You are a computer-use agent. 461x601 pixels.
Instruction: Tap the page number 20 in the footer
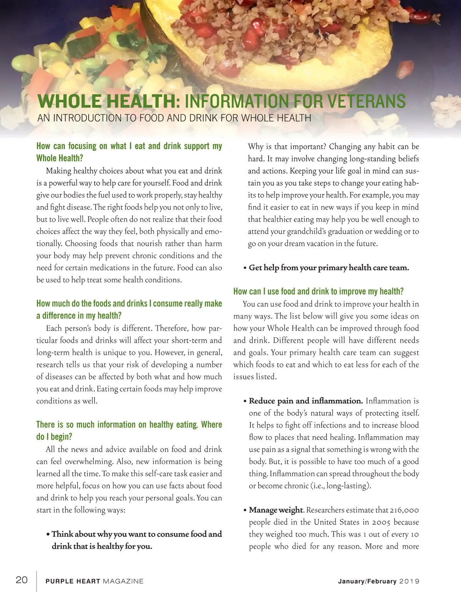[x=22, y=580]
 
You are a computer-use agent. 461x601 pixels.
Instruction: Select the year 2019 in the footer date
[x=409, y=581]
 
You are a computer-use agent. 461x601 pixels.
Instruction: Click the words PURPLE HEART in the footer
[x=73, y=581]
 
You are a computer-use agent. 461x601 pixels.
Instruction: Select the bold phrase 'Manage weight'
[x=276, y=510]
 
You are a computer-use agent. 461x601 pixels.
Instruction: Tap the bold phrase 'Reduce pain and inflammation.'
[x=306, y=401]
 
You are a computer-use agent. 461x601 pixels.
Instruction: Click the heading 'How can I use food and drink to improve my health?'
[x=318, y=292]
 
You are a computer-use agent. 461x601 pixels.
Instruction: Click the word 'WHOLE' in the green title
[x=69, y=101]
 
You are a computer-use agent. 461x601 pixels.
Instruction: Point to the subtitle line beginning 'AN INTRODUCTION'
[x=174, y=118]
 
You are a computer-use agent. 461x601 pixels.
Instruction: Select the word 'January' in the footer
[x=351, y=581]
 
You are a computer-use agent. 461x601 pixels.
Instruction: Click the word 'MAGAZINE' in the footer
[x=123, y=581]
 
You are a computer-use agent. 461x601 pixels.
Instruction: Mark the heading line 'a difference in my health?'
[x=79, y=316]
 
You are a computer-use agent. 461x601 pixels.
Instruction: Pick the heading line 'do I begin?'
[x=54, y=437]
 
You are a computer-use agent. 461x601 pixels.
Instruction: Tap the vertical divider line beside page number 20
[x=37, y=581]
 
